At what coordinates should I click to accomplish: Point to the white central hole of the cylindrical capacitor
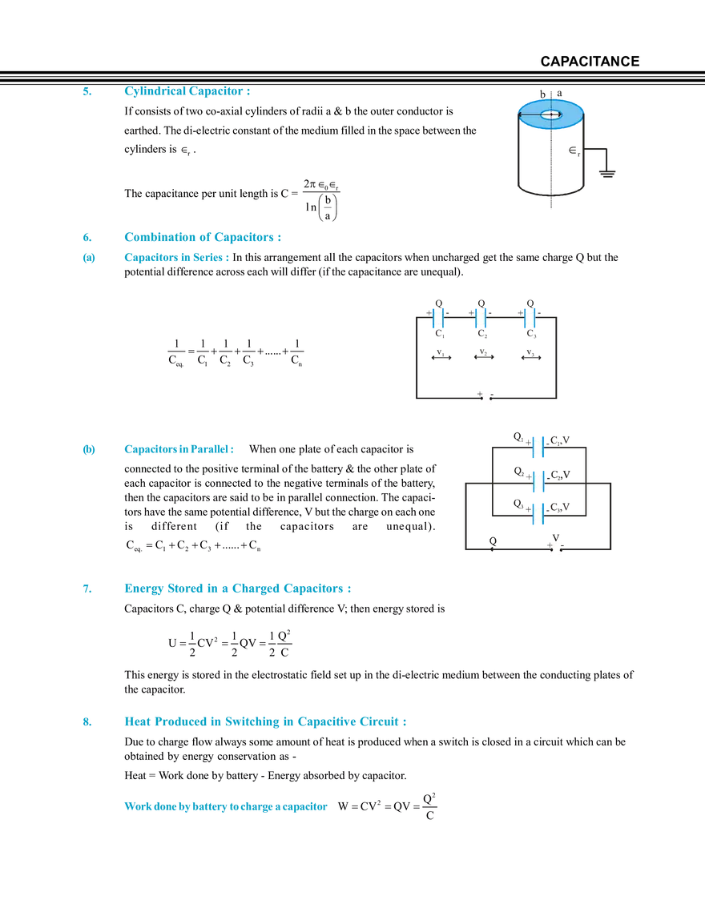(x=550, y=115)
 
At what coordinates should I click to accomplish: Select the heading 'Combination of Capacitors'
(x=203, y=237)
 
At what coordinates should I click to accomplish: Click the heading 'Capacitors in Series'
(x=176, y=258)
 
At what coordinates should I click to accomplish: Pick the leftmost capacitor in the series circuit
(x=438, y=319)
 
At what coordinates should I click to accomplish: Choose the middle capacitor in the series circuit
(x=480, y=319)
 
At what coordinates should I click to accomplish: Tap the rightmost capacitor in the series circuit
(x=529, y=319)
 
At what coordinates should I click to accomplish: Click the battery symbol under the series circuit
(x=483, y=400)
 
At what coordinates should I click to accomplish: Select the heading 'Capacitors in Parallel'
(x=179, y=449)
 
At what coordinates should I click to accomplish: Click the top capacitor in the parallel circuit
(x=538, y=446)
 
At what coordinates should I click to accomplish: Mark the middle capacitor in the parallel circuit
(x=538, y=481)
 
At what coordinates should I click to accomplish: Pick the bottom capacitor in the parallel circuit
(x=538, y=514)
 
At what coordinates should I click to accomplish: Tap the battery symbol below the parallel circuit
(x=554, y=552)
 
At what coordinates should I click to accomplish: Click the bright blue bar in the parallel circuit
(x=564, y=497)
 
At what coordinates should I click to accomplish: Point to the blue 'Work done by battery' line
(x=227, y=806)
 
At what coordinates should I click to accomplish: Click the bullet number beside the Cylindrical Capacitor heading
(x=86, y=93)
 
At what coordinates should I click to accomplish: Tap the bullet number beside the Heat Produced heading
(x=86, y=722)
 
